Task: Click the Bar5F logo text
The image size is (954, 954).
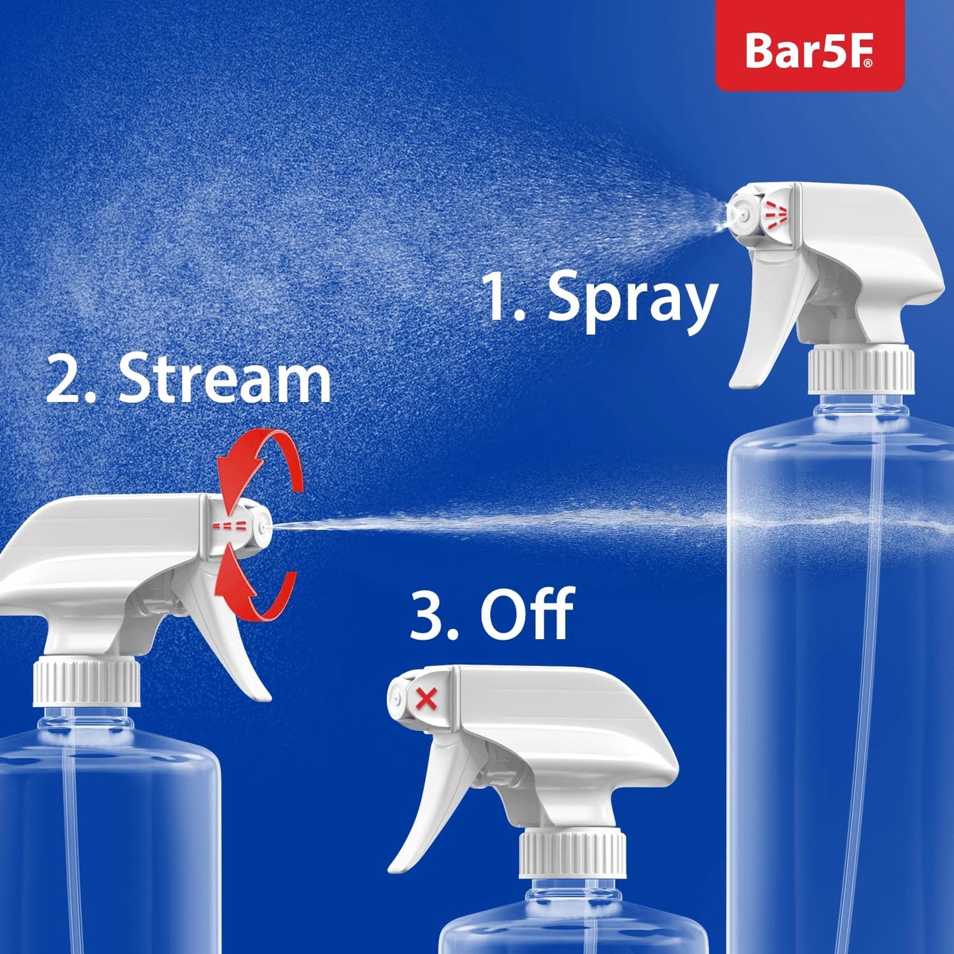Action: coord(809,50)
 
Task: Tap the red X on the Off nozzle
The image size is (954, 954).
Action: coord(427,698)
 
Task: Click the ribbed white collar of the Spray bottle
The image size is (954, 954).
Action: coord(861,370)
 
